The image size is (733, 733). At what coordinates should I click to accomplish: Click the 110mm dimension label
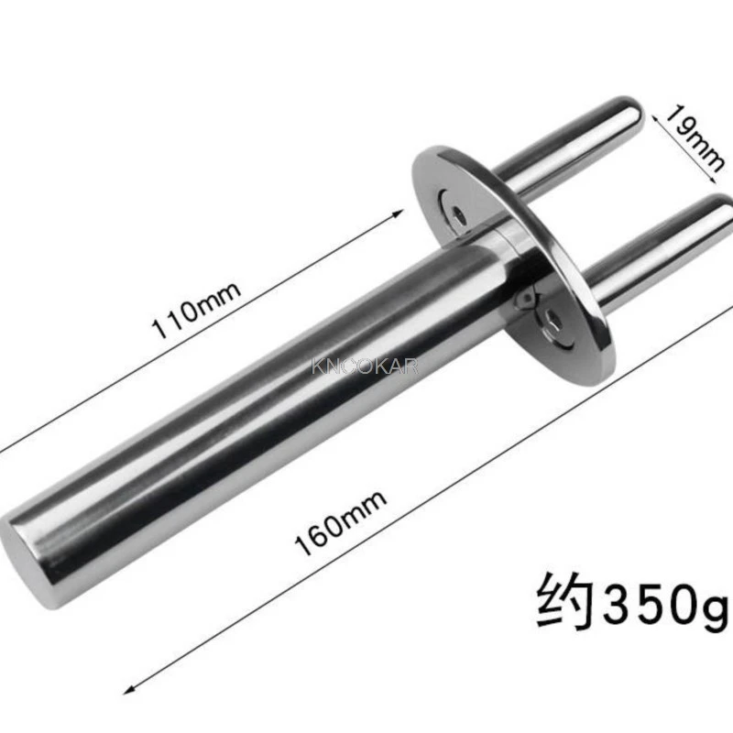196,310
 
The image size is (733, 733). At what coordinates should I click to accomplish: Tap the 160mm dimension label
341,522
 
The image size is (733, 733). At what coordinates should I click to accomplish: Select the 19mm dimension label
695,138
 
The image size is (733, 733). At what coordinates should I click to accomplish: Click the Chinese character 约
565,600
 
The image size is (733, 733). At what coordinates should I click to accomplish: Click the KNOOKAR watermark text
365,366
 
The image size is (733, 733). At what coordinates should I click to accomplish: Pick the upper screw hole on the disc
460,216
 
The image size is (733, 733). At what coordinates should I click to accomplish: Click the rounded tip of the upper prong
633,112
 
